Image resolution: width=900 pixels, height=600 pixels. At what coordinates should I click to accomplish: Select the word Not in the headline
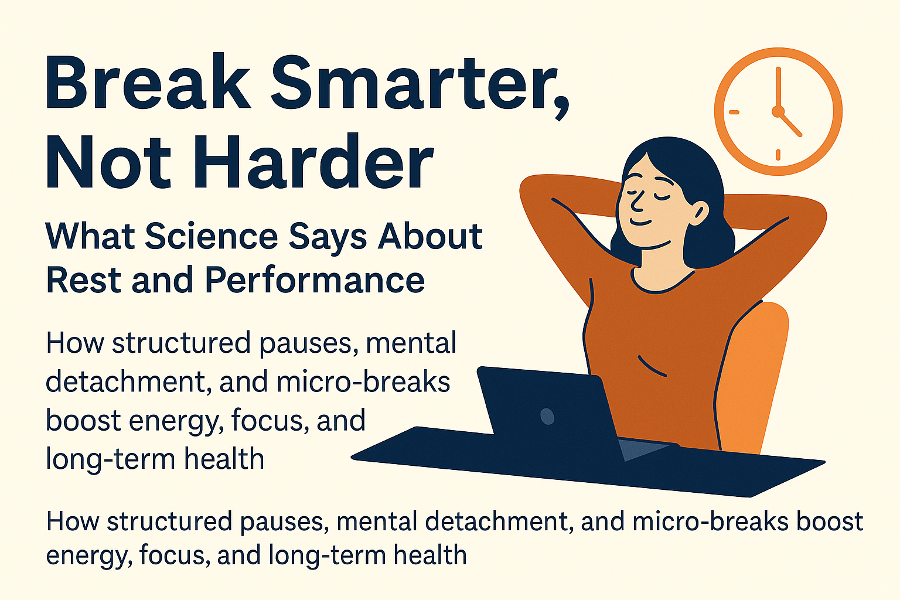[108, 162]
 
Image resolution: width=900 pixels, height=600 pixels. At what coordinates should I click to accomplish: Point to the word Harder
[313, 162]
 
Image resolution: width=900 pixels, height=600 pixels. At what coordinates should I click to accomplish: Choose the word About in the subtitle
[430, 236]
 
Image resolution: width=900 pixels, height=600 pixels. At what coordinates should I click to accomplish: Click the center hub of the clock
[778, 111]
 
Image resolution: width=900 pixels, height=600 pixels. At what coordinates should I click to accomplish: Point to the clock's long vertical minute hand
[778, 88]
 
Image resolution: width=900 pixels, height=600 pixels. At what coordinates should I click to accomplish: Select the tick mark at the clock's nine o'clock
[734, 111]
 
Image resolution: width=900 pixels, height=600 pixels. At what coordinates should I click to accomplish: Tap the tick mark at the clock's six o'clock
[778, 155]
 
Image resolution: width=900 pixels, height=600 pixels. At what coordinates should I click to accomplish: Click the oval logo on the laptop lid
[547, 416]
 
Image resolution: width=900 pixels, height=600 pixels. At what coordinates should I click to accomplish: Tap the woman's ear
[699, 212]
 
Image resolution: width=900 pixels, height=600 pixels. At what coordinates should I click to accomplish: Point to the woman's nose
[635, 203]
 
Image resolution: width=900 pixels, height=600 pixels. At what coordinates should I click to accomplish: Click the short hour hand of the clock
[790, 124]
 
